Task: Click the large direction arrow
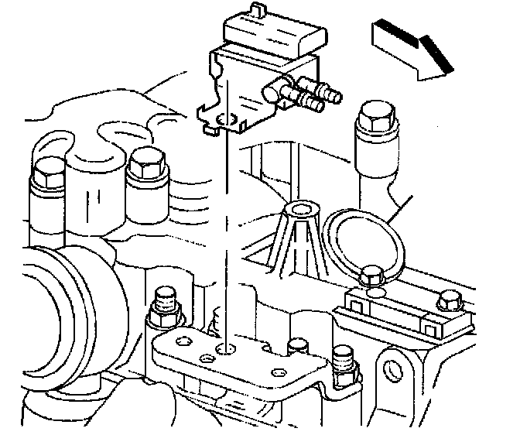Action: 411,53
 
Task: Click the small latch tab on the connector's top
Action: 246,10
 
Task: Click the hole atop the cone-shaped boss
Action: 302,210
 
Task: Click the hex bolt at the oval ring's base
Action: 372,275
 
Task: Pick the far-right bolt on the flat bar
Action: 448,303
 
